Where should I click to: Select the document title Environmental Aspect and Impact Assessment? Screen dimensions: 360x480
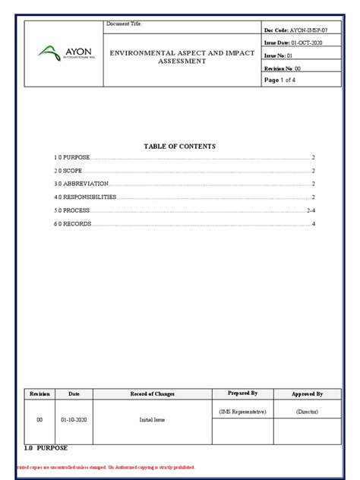tap(182, 57)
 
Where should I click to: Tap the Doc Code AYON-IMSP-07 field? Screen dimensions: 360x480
tap(296, 29)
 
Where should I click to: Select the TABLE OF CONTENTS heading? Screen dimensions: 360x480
tap(180, 145)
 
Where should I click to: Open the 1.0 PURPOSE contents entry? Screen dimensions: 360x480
tap(72, 157)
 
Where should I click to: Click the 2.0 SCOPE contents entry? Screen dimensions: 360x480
tap(68, 171)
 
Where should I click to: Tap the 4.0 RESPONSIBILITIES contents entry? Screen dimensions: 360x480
tap(84, 197)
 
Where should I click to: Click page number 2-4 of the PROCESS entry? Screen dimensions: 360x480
tap(310, 210)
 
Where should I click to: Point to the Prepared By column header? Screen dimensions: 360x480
tap(242, 393)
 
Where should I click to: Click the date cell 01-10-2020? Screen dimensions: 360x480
tap(74, 419)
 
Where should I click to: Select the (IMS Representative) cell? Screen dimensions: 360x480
tap(242, 411)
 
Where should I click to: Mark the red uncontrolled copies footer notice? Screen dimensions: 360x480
tap(106, 467)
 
